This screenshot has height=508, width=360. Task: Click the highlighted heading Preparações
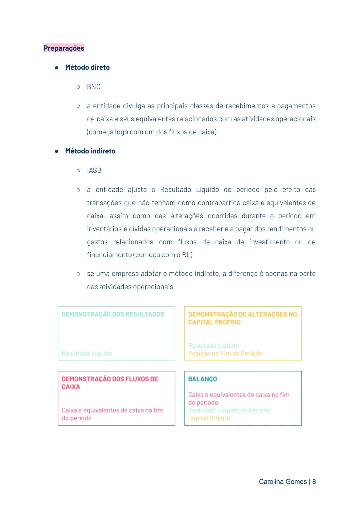point(64,48)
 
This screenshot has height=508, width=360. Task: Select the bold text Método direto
point(87,67)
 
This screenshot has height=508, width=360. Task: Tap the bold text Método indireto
point(90,151)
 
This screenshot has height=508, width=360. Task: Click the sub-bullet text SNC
point(94,87)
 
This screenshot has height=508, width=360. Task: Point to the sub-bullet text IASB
point(94,170)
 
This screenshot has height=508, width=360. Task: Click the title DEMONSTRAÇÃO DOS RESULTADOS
point(113,314)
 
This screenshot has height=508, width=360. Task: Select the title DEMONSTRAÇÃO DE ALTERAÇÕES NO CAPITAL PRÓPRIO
point(242,318)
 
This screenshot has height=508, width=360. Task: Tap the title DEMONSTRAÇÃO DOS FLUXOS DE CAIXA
point(110,383)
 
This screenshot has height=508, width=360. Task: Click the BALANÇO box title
point(202,379)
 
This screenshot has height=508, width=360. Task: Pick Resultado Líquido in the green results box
point(87,353)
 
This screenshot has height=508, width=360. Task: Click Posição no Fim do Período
point(225,353)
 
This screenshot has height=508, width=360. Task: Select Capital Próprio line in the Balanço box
point(209,418)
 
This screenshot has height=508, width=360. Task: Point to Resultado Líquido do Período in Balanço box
point(229,410)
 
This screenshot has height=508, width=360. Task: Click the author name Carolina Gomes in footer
point(283,482)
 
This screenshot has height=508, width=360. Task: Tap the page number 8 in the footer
point(314,482)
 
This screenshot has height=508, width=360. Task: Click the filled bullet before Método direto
point(57,67)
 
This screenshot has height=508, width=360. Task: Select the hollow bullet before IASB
point(78,171)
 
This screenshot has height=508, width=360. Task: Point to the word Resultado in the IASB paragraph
point(175,190)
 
